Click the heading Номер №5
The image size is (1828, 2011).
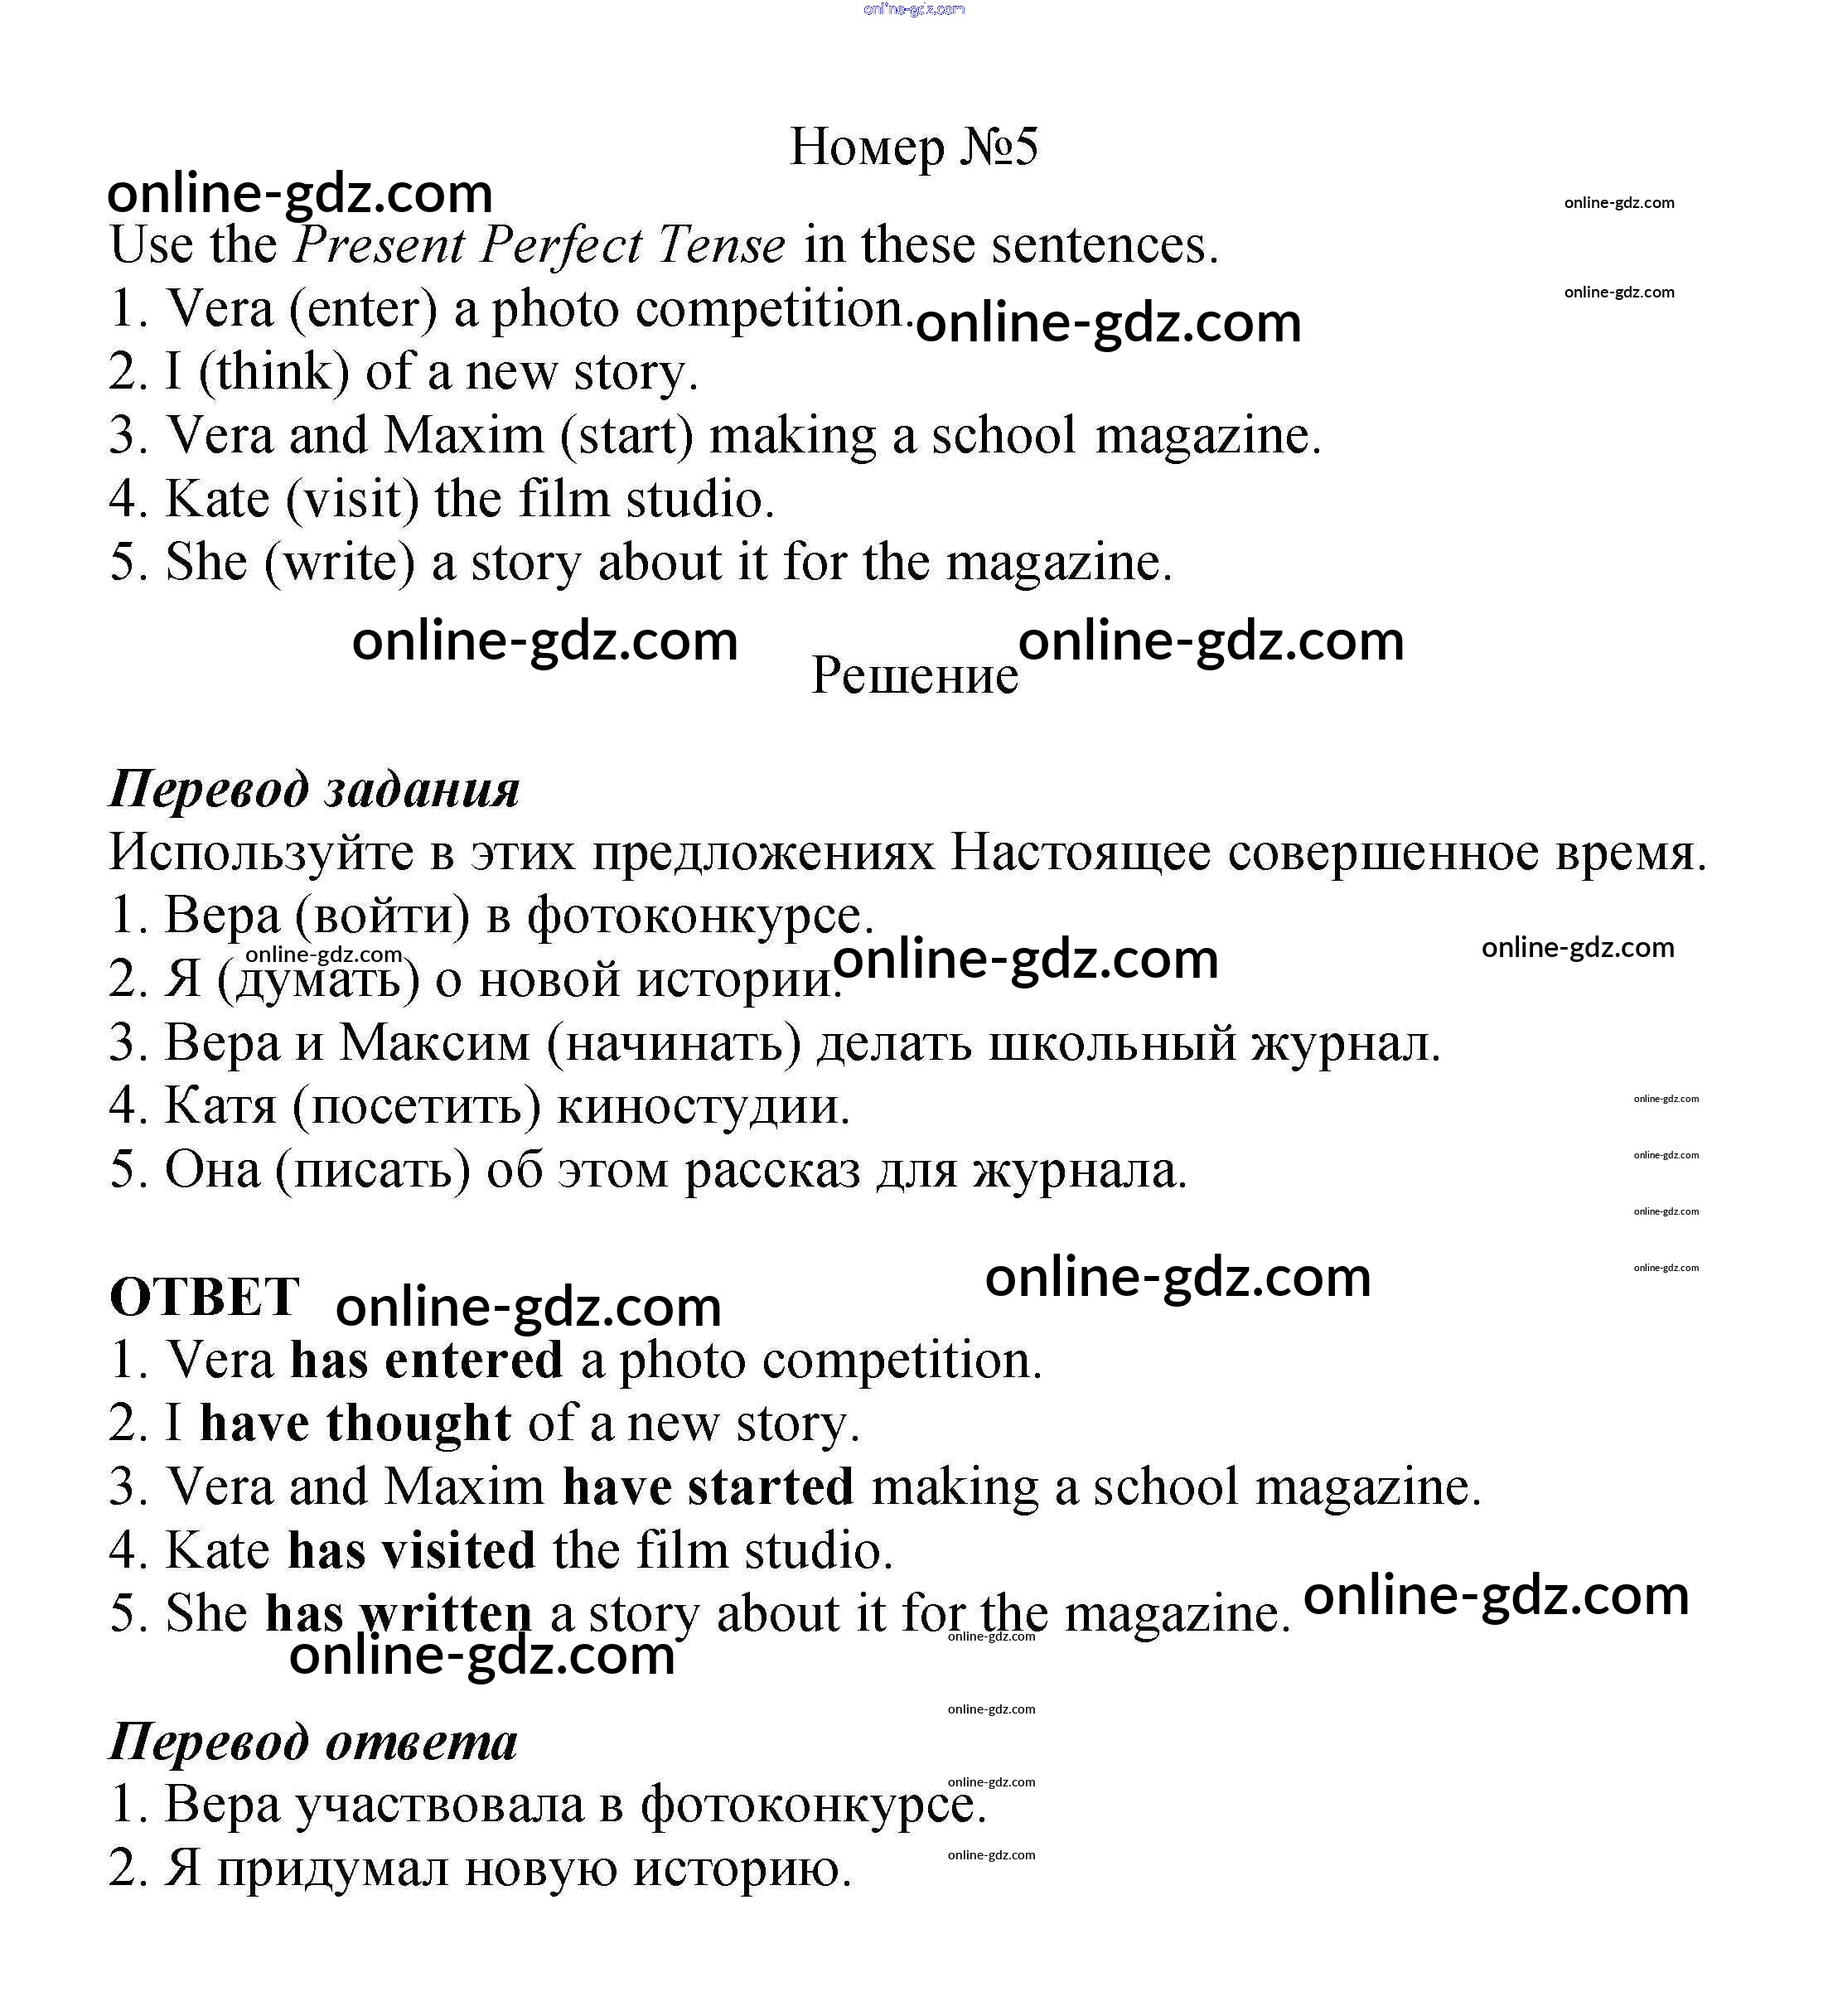[x=913, y=147]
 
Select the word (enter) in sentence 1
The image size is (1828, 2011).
[x=363, y=309]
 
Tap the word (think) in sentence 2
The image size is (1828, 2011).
[x=274, y=372]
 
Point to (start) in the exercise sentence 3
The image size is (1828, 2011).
[x=626, y=436]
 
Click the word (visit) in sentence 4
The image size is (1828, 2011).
[x=352, y=499]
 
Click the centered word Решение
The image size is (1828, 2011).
[x=914, y=676]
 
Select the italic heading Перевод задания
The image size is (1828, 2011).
[x=314, y=789]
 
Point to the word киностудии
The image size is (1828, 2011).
[x=703, y=1106]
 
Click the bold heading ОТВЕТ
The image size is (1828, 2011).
[x=205, y=1298]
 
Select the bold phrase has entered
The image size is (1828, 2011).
[x=426, y=1361]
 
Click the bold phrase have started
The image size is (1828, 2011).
[x=708, y=1487]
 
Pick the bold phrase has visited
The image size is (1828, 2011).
[x=411, y=1551]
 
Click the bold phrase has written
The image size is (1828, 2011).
[x=398, y=1614]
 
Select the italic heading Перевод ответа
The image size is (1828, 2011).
[x=313, y=1742]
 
